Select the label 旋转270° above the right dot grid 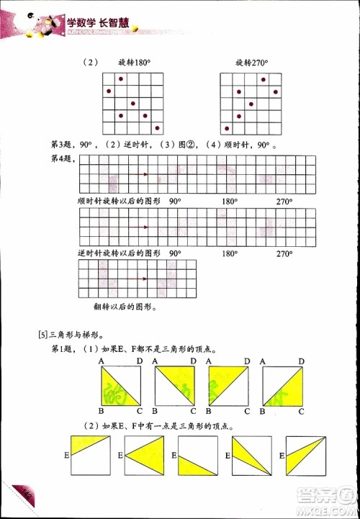tap(251, 63)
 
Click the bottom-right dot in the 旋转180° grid tap(157, 128)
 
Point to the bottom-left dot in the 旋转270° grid tap(227, 129)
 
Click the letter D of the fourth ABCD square tap(302, 361)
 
